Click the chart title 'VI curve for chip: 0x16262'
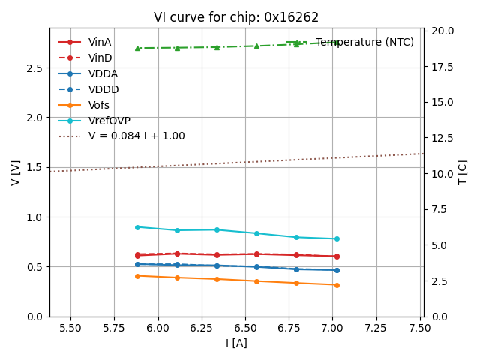tap(236, 17)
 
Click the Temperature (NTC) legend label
tap(364, 43)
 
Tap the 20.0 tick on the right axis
tap(442, 31)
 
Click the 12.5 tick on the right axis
tap(442, 138)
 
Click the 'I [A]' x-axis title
tap(236, 343)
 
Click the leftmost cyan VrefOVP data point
tap(137, 227)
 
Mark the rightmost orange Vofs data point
tap(337, 285)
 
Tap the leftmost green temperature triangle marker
tap(137, 48)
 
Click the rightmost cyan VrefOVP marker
tap(337, 239)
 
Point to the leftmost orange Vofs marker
tap(137, 276)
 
